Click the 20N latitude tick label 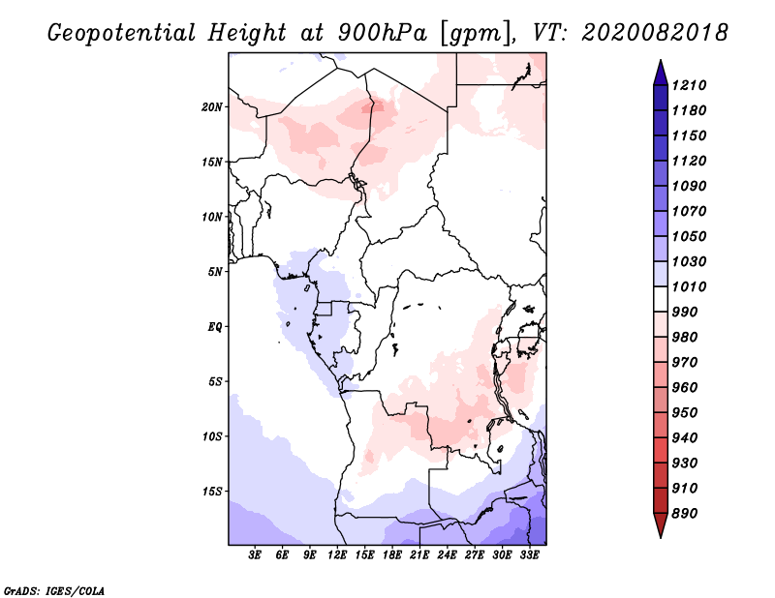[212, 107]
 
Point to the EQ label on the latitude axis [215, 327]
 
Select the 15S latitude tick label [212, 492]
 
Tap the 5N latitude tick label [215, 272]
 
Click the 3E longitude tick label [255, 555]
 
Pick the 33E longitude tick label [529, 555]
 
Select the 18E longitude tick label [392, 555]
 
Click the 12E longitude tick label [337, 555]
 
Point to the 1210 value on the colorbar [689, 85]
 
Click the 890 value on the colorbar [685, 514]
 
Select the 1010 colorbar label [689, 286]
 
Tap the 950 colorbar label [685, 413]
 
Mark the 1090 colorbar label [689, 186]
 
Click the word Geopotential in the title [122, 33]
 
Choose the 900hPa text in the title [383, 33]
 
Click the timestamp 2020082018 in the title [655, 33]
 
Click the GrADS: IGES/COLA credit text [54, 590]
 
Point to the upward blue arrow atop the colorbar [661, 73]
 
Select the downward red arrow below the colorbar [661, 525]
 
